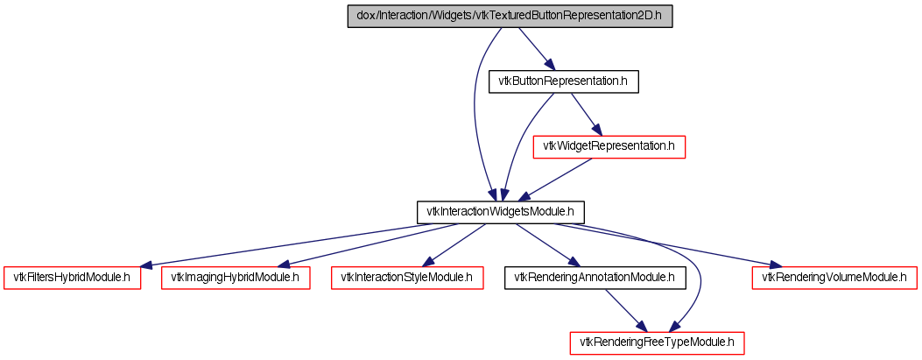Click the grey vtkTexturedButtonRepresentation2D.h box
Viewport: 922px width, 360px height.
510,17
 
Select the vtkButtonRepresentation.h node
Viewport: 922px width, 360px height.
563,81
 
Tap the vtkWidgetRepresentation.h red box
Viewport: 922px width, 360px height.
609,146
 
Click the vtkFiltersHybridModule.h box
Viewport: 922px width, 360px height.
73,277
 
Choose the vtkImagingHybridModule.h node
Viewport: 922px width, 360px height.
236,277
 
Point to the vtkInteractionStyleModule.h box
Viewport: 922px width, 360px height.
407,277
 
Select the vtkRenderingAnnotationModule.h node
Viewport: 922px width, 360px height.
595,277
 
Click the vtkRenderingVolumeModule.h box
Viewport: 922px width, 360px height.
834,277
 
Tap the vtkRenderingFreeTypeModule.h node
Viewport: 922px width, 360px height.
658,342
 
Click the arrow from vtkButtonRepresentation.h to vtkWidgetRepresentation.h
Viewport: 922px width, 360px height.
586,114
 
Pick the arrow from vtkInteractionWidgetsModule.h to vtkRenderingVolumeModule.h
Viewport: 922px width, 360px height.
665,244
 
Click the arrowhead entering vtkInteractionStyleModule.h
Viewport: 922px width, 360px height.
427,262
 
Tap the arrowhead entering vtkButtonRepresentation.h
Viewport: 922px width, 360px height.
548,65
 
